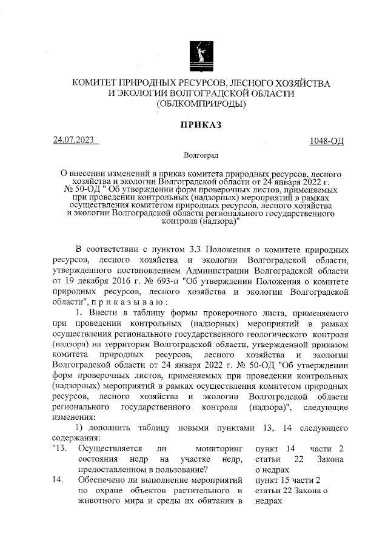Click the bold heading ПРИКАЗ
coord(201,125)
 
